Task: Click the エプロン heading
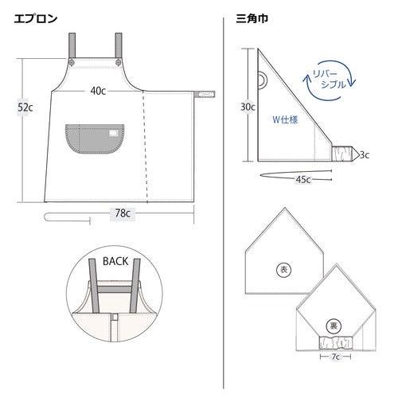[x=36, y=18]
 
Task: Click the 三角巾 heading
[x=252, y=18]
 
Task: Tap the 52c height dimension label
[x=25, y=107]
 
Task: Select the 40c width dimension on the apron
[x=98, y=91]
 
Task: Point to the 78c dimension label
[x=123, y=213]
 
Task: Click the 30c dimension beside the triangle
[x=248, y=107]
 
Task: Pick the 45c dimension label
[x=303, y=180]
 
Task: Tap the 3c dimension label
[x=365, y=154]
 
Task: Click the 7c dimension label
[x=335, y=357]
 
